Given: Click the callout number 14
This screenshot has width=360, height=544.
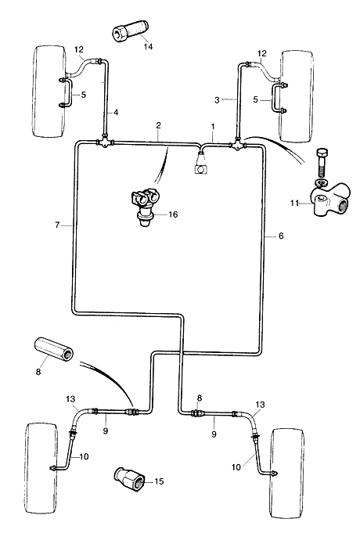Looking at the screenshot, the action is (x=148, y=46).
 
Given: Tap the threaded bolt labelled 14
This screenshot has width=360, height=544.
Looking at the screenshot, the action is (x=131, y=31).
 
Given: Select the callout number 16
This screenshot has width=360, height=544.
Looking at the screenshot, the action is (x=173, y=214).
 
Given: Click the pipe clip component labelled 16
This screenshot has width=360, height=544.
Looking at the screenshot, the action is (x=144, y=207).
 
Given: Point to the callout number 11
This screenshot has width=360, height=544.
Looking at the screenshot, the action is (x=294, y=203).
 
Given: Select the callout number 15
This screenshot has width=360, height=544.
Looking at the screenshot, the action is (x=159, y=481).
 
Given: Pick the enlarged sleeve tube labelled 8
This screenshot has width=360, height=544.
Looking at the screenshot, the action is (x=54, y=351).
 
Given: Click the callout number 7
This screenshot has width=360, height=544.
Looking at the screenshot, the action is (x=57, y=225).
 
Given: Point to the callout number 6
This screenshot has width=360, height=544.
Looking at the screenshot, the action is (x=281, y=236).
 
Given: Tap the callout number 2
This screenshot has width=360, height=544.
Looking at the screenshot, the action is (x=159, y=125).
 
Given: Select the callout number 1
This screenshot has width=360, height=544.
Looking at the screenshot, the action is (x=213, y=126).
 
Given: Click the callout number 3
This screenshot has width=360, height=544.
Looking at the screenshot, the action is (x=217, y=100).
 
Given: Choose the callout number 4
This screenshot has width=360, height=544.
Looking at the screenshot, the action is (x=116, y=113).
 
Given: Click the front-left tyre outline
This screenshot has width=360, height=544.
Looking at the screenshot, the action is (x=49, y=91).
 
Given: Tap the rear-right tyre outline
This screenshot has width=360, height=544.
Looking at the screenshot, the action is (x=287, y=474).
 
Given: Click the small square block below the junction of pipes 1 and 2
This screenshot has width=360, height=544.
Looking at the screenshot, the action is (x=201, y=170).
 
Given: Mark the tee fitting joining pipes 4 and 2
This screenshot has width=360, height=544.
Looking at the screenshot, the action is (x=104, y=142).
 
